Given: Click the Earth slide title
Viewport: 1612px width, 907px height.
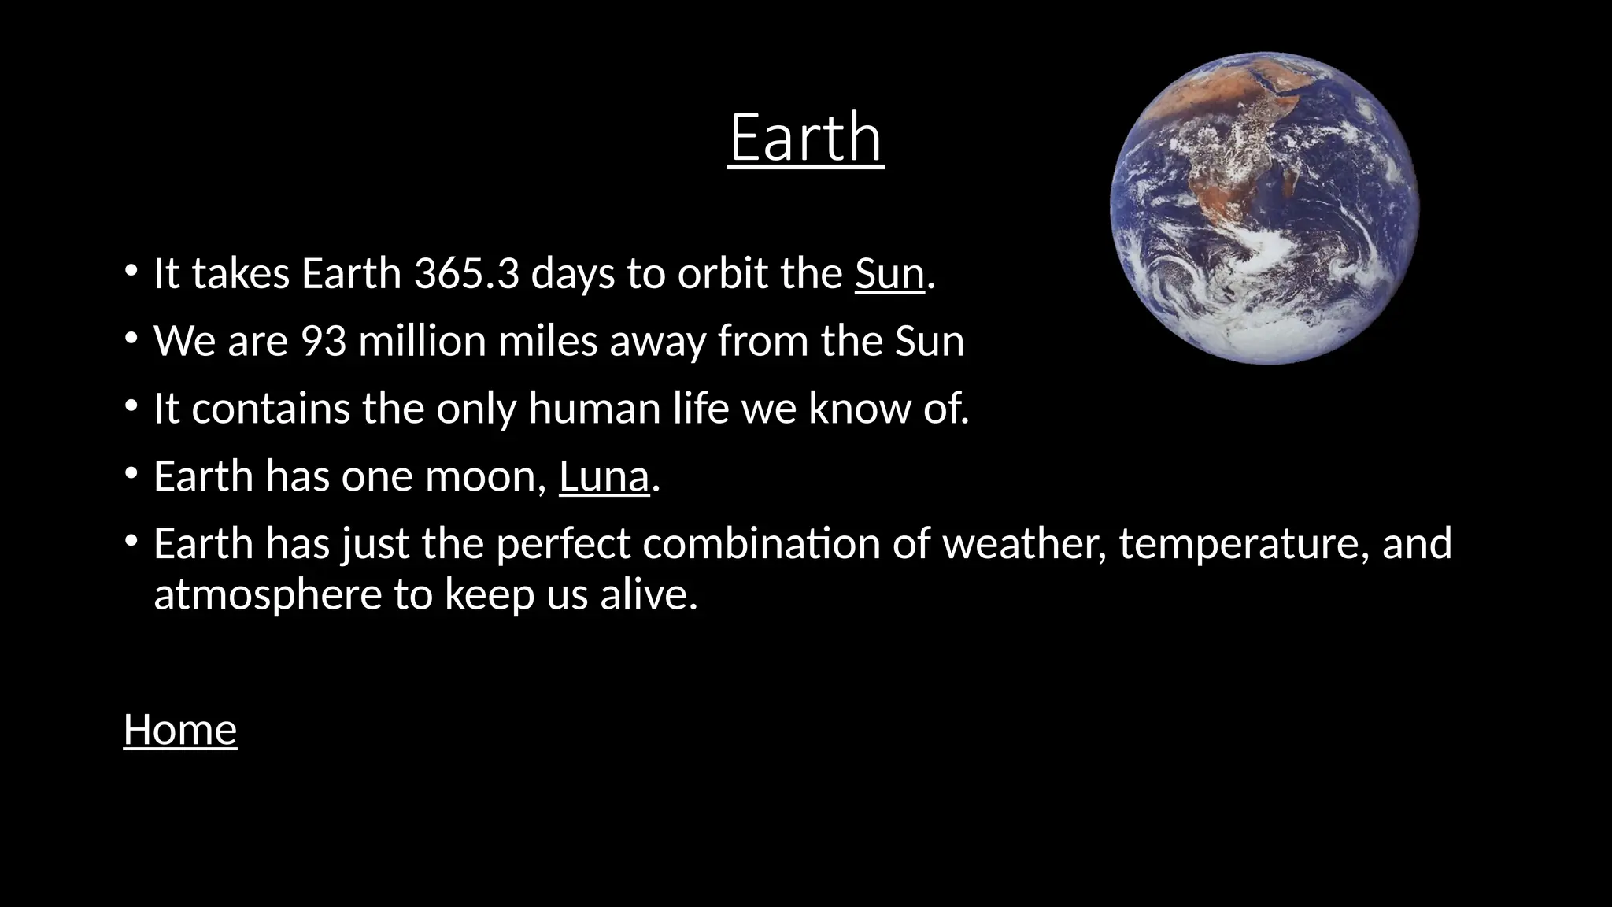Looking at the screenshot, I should (x=806, y=138).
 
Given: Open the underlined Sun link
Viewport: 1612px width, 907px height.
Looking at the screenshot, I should (x=889, y=274).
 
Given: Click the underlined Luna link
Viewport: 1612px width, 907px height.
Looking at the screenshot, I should (x=604, y=477).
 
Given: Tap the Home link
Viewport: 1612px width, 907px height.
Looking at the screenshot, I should (x=180, y=730).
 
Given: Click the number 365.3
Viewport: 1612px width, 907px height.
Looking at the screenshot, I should (x=467, y=274).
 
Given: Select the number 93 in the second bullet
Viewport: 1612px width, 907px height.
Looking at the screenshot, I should (x=324, y=342).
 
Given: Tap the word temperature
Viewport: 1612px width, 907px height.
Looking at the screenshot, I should (x=1233, y=544).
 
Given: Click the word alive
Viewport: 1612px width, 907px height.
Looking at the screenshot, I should (x=648, y=594).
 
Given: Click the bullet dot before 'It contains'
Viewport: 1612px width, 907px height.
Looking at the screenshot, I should (x=131, y=407).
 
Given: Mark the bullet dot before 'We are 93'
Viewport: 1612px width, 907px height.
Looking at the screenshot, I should (x=131, y=339).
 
